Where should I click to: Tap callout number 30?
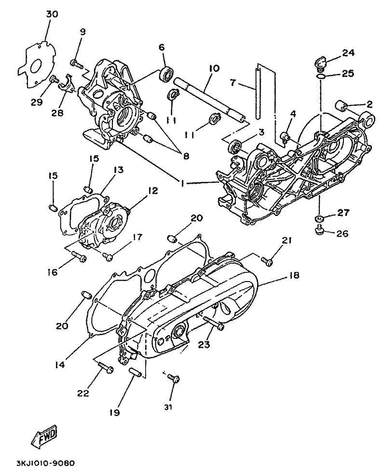tap(52, 14)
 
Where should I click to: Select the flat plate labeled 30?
tap(37, 64)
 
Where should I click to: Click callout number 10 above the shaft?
tap(214, 68)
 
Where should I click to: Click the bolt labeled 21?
tap(267, 260)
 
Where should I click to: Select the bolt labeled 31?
tap(174, 378)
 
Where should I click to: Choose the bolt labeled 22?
tap(105, 367)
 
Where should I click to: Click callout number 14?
tap(60, 364)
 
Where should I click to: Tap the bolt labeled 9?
tap(77, 64)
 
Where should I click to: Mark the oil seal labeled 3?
tap(235, 146)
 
